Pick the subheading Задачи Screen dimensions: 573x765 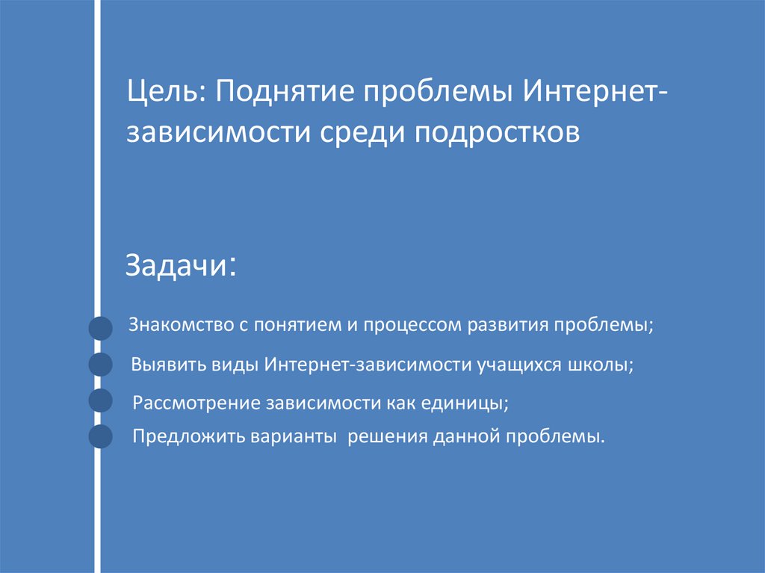[177, 265]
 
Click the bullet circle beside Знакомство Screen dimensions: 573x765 [100, 329]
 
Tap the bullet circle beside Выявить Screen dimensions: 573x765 [100, 365]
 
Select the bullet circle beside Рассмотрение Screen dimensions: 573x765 [100, 401]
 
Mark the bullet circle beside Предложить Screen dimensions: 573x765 [100, 436]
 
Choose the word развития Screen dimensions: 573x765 [509, 326]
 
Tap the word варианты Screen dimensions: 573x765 [294, 437]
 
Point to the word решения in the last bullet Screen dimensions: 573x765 [385, 437]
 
